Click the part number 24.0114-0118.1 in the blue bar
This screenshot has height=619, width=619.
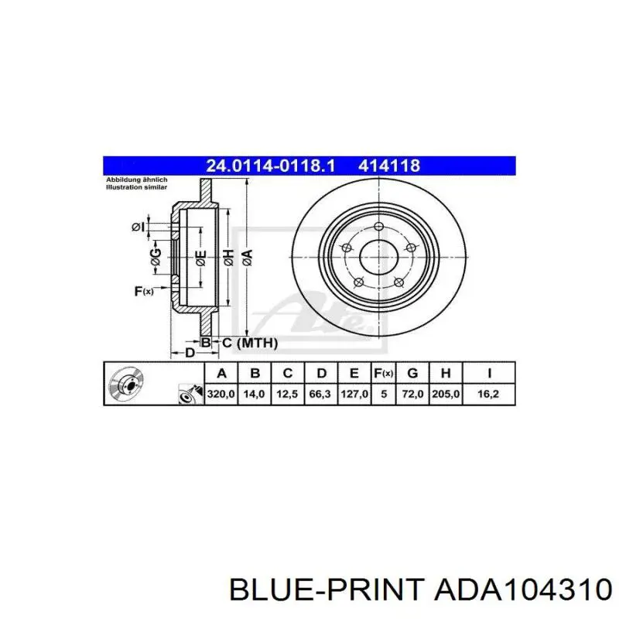(x=270, y=166)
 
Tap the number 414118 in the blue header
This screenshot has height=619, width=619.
(x=389, y=166)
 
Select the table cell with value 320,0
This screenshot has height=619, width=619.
(x=221, y=394)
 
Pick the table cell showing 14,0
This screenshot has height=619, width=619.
(x=255, y=394)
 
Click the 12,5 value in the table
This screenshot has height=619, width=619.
(x=287, y=394)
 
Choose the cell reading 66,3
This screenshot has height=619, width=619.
(x=320, y=394)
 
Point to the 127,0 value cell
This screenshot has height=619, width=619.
(x=354, y=394)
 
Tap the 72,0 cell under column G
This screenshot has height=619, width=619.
(x=412, y=394)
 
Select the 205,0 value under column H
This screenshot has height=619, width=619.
(x=446, y=394)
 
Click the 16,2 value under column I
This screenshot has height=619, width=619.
(x=488, y=394)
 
